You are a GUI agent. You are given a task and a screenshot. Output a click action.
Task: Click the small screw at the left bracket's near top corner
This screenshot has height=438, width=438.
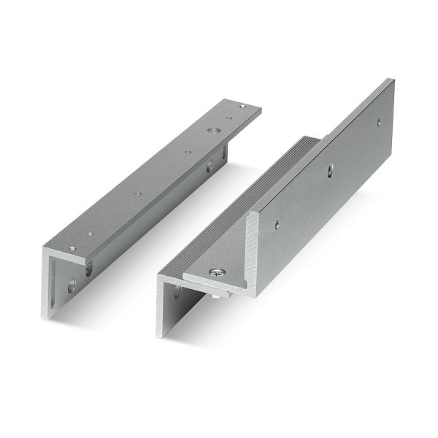click(72, 249)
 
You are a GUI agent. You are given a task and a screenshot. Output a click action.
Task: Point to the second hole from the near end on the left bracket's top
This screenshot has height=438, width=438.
click(91, 234)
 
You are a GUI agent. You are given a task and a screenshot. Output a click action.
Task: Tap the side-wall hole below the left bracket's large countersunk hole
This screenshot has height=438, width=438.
click(210, 166)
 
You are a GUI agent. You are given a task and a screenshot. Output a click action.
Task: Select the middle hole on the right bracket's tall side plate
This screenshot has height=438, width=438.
click(330, 169)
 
